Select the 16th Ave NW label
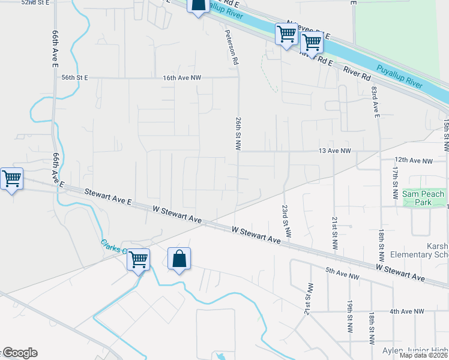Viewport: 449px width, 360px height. click(182, 78)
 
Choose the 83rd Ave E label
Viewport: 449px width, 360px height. click(376, 102)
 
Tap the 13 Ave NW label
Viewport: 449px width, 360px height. click(334, 152)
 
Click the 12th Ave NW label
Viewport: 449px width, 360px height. click(414, 161)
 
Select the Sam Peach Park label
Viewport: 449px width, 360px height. click(424, 198)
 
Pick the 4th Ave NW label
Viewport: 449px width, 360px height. click(407, 312)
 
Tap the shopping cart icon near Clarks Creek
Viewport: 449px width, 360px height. click(139, 260)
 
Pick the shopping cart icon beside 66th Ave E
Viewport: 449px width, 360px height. click(11, 179)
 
